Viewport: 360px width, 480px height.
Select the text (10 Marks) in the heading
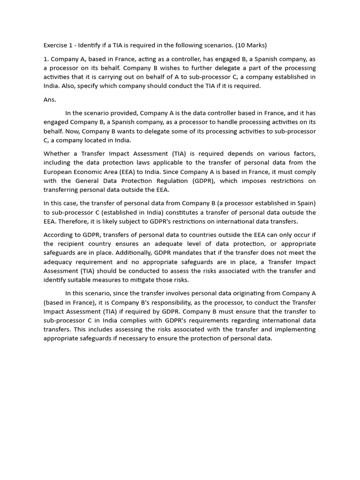(x=252, y=45)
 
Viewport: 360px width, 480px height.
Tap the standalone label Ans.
(x=50, y=99)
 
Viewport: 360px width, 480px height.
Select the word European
(x=59, y=172)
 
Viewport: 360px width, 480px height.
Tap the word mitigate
(x=165, y=280)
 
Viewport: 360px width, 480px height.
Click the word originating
(x=246, y=293)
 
